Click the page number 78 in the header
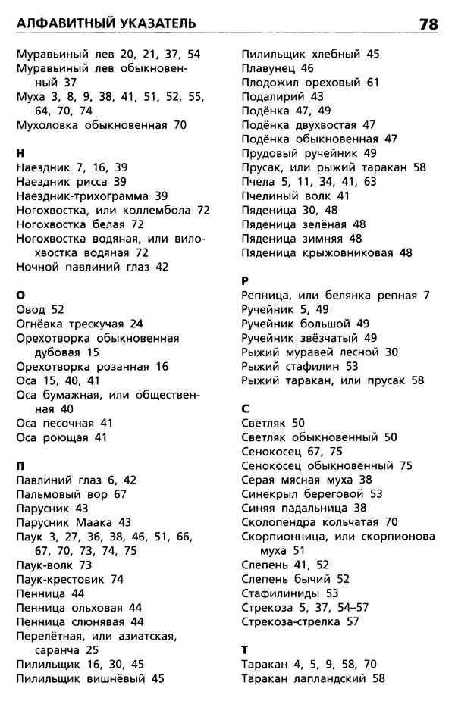click(428, 24)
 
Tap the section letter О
click(20, 294)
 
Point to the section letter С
click(246, 408)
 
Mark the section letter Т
click(245, 649)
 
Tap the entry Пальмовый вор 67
click(71, 493)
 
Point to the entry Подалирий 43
click(282, 96)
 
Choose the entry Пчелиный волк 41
click(295, 196)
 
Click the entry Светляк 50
click(272, 423)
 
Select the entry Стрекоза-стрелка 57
click(300, 621)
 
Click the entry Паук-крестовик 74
click(69, 579)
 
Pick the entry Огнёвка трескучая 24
click(79, 324)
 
